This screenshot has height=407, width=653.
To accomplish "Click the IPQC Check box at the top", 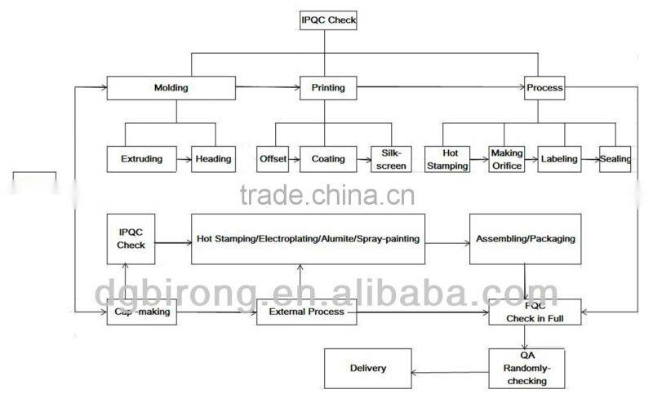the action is (x=328, y=20).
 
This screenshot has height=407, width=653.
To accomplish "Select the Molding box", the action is (x=171, y=88).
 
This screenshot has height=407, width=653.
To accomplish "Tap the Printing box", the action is (x=328, y=88).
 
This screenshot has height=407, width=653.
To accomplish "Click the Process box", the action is (x=544, y=88).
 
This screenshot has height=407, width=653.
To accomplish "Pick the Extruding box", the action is (x=141, y=159).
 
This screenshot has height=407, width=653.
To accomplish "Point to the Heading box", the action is (x=213, y=159).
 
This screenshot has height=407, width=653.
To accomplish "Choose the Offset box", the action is (x=273, y=159).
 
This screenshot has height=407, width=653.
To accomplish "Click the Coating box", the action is (x=328, y=159).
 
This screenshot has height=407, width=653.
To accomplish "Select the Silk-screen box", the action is (x=391, y=159).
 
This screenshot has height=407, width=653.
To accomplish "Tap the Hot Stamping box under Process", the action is (x=447, y=159).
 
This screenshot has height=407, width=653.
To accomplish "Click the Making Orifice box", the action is (x=506, y=159).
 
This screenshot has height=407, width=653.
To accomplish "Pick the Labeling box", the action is (x=559, y=159).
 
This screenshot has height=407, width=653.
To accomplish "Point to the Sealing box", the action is (x=615, y=159).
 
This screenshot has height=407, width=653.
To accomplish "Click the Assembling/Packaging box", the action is (x=525, y=239).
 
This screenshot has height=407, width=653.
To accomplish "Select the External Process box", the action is (x=307, y=312).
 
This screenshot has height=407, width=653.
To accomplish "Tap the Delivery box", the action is (x=368, y=369).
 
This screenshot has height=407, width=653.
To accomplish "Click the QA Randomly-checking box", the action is (x=526, y=369).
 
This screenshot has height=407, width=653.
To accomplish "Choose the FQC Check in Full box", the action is (x=535, y=312).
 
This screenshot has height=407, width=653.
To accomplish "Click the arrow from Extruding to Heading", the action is (x=184, y=159).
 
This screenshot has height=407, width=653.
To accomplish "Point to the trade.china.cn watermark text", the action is (x=327, y=195).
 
